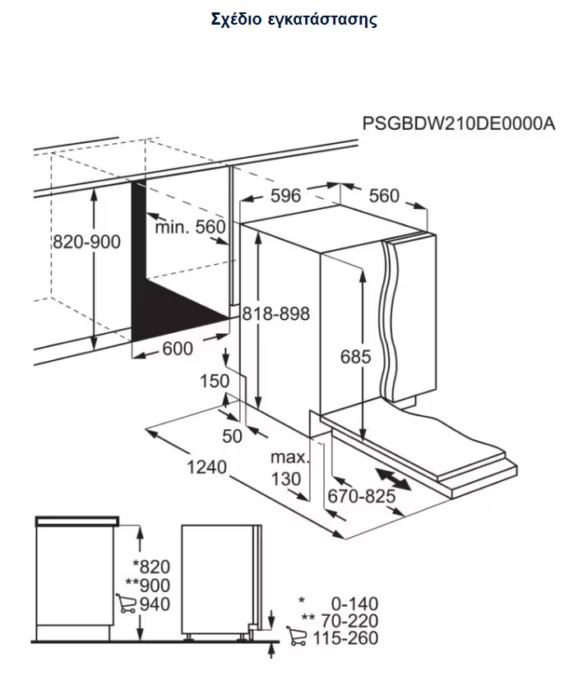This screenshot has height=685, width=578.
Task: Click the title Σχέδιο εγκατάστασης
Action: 294,20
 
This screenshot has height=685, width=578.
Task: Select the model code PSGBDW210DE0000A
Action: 459,124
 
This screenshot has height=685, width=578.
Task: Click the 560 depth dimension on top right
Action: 383,196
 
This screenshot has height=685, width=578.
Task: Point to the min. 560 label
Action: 189,226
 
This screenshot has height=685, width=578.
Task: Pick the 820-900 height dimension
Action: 86,242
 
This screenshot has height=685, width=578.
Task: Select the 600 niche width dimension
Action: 177,349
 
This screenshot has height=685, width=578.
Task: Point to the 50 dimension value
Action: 233,436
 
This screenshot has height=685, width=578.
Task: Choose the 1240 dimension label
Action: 206,467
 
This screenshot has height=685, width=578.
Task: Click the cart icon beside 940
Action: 126,605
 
